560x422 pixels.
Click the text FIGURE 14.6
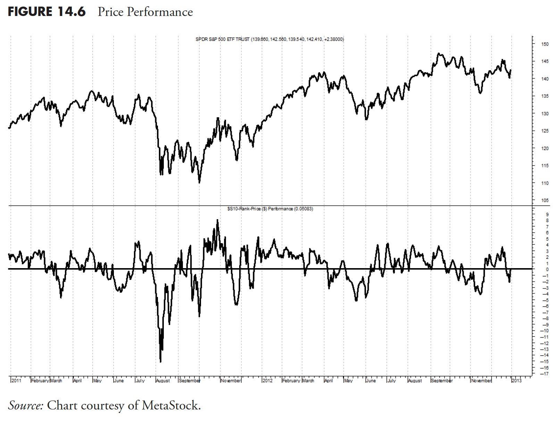47,12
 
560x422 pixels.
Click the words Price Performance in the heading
145,12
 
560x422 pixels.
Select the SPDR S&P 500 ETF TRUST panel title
270,39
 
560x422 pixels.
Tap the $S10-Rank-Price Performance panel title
270,209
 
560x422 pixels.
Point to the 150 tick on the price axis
544,44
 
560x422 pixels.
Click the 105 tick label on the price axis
544,200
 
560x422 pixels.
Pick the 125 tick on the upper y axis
544,131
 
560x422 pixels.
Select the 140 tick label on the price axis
544,79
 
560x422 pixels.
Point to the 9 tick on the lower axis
547,214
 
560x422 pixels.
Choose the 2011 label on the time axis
16,381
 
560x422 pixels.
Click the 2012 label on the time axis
267,381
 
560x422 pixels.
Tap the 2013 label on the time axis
517,381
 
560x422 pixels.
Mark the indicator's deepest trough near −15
160,362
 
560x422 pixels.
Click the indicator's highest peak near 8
217,220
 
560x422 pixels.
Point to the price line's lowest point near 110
199,182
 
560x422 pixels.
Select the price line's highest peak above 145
439,53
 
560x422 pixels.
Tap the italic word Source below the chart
26,405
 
